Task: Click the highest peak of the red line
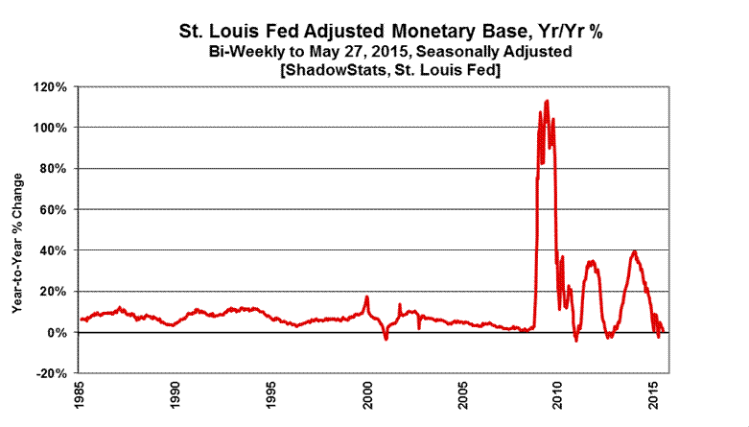click(547, 100)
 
